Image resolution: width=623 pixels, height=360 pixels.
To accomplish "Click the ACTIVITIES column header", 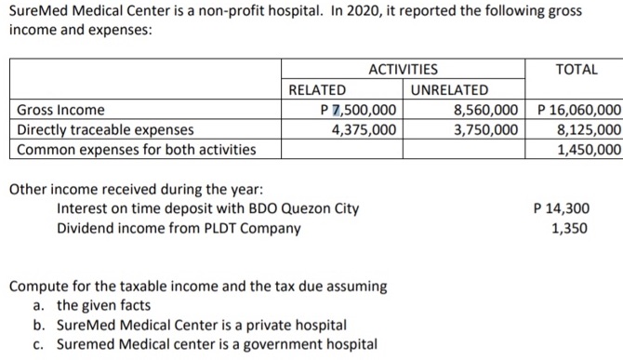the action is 404,69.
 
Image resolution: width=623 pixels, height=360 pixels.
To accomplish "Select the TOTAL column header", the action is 576,69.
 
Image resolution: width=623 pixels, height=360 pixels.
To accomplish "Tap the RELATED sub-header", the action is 317,89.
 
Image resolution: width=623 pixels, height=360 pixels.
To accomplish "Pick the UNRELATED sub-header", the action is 449,89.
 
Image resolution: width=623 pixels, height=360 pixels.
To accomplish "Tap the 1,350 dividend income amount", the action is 569,227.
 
